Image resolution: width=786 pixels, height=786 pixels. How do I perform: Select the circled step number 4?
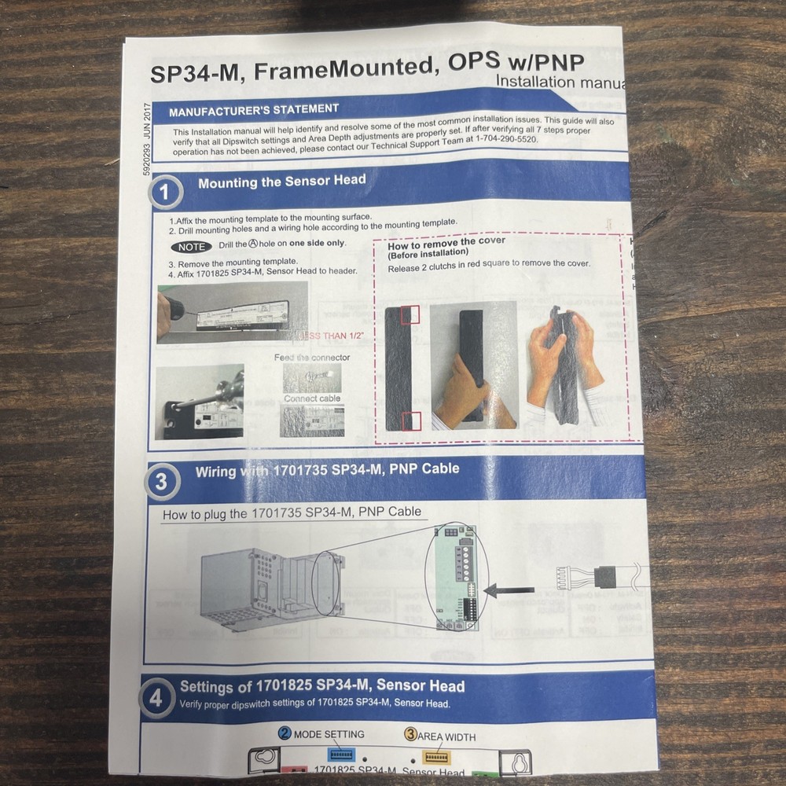click(157, 697)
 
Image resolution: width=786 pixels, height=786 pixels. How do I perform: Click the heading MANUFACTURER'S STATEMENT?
click(254, 109)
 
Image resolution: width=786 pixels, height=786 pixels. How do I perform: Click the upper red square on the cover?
click(410, 315)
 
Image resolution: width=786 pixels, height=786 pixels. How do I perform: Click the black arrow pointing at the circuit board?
click(509, 589)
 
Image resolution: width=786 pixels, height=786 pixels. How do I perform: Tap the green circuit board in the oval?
click(455, 578)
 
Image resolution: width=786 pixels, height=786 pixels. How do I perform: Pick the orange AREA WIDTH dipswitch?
click(433, 757)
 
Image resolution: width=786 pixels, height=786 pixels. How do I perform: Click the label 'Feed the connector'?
click(312, 358)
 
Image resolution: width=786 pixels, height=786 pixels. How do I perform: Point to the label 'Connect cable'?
click(312, 399)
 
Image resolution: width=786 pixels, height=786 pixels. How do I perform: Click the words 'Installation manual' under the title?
click(560, 82)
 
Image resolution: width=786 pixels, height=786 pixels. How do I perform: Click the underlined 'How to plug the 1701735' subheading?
click(292, 512)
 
